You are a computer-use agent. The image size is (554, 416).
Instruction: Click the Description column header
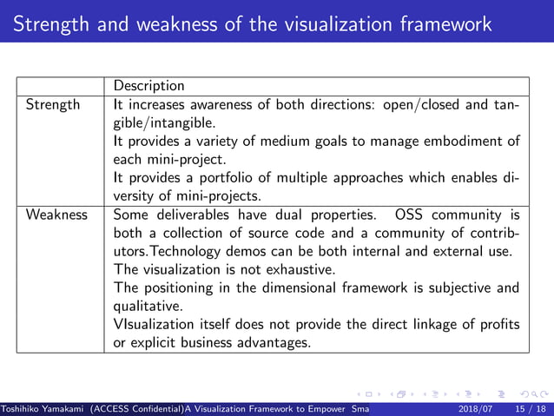coord(148,86)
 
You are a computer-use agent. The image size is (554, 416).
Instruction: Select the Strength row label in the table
coord(52,105)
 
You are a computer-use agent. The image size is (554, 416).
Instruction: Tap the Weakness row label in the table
coord(56,215)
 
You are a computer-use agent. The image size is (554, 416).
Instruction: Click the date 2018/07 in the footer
coord(476,407)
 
